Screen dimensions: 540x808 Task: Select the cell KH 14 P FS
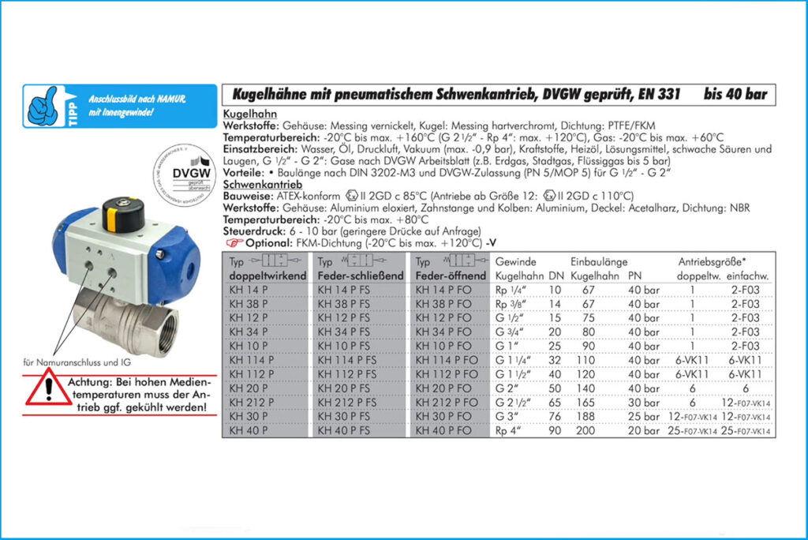pos(343,291)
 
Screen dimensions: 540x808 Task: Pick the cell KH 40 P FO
pos(443,431)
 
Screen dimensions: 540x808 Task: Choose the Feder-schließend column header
pos(360,276)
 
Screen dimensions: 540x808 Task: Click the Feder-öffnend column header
pos(448,276)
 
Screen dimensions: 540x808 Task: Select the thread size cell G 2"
pos(507,388)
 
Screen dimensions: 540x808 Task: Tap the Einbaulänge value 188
pos(585,417)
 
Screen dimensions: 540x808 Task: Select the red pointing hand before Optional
pos(234,244)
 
